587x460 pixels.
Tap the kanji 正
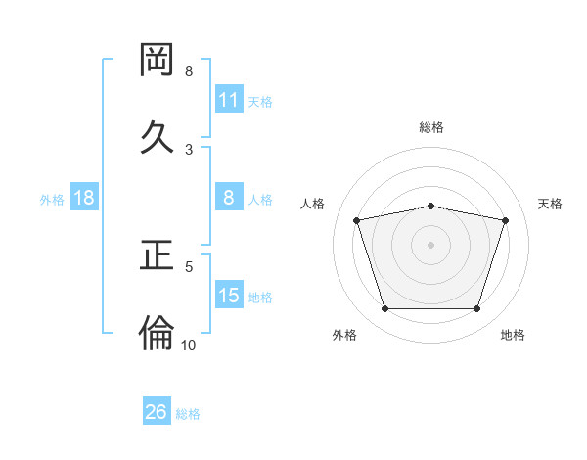tap(158, 255)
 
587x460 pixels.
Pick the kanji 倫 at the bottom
tap(158, 333)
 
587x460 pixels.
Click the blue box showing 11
tap(229, 100)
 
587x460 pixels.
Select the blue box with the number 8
tap(229, 198)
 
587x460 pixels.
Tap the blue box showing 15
tap(229, 296)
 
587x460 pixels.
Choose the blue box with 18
tap(84, 198)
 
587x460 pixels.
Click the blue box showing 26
tap(157, 412)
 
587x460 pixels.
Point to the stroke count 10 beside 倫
tap(189, 345)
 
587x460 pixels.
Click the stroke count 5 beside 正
tap(189, 265)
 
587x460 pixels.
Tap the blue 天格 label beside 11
tap(260, 101)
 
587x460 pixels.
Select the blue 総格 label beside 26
tap(188, 413)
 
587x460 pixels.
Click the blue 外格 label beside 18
tap(52, 199)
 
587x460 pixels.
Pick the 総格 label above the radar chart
tap(431, 127)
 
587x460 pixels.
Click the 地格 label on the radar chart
tap(513, 335)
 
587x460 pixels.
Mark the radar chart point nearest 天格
tap(505, 220)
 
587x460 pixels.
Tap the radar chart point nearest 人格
tap(357, 220)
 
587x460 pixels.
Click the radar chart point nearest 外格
tap(384, 309)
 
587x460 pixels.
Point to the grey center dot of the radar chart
tap(431, 244)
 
